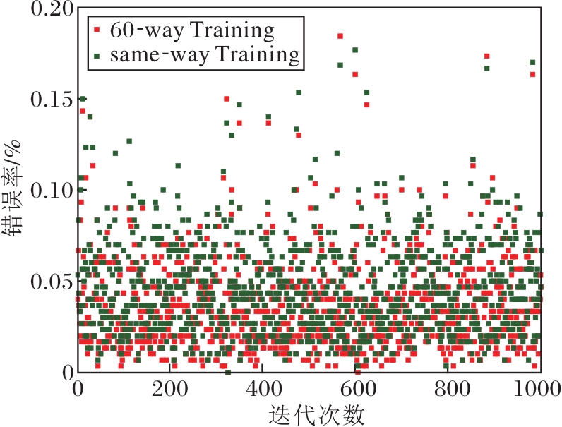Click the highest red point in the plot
(340, 36)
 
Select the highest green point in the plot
(355, 50)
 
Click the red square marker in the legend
(97, 30)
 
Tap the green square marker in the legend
(97, 54)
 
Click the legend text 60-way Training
(191, 30)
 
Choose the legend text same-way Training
(205, 54)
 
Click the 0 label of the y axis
(68, 372)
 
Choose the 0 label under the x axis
(78, 389)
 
